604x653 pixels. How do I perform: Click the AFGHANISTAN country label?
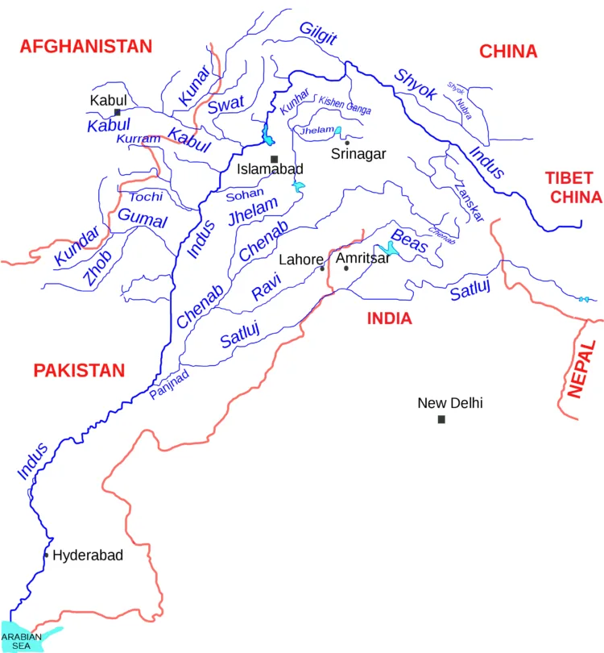[x=86, y=46]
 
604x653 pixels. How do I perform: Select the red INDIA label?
[x=389, y=318]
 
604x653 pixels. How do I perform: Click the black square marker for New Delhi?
[x=441, y=419]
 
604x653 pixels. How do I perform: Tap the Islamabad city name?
[x=270, y=170]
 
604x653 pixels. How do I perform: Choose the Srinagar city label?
[x=359, y=153]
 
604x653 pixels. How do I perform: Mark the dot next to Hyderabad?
[x=47, y=555]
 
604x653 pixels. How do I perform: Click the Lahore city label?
[x=300, y=260]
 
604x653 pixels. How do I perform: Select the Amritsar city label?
[x=362, y=258]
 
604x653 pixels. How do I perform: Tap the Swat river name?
[x=225, y=106]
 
